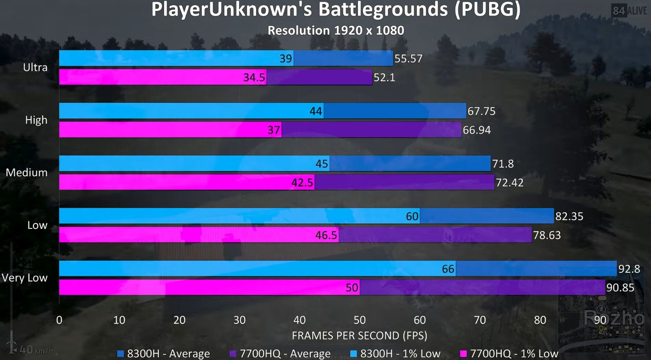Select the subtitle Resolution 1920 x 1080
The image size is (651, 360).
point(336,31)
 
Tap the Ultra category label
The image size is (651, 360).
point(35,68)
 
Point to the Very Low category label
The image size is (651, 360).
point(25,278)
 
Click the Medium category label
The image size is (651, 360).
point(26,173)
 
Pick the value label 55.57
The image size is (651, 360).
point(409,58)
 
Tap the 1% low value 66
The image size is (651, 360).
point(448,269)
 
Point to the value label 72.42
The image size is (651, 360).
point(509,183)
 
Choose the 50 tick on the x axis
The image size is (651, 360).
point(360,320)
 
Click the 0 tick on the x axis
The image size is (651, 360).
point(59,320)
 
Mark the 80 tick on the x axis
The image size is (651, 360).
point(540,320)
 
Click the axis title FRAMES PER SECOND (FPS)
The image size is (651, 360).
point(360,336)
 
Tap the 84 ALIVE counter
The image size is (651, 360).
point(630,11)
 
